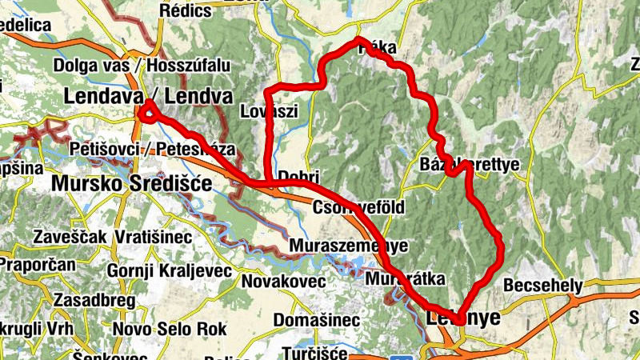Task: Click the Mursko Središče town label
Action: point(132,184)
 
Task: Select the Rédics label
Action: point(186,10)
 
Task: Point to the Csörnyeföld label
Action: point(359,208)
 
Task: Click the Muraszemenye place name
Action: point(350,245)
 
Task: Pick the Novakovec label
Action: point(283,282)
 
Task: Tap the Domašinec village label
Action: point(316,320)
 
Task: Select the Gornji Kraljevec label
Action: point(163,270)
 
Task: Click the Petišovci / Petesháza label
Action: point(152,149)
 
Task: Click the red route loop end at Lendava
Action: point(147,112)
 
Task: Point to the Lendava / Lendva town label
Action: point(148,97)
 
